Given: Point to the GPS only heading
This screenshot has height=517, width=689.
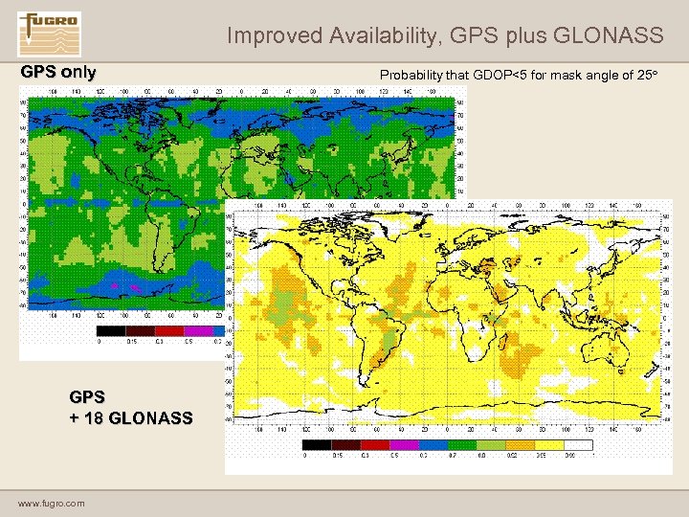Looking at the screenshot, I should (58, 73).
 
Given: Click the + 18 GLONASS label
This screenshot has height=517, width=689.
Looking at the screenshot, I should (130, 417).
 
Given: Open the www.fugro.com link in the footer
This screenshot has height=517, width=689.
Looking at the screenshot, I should (51, 503).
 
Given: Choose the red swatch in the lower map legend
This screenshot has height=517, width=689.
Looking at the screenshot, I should (376, 445).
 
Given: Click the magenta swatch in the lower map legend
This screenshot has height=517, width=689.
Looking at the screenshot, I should (405, 445).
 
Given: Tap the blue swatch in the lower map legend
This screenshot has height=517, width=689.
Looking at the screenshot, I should (433, 445).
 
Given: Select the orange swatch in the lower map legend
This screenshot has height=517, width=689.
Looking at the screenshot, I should (549, 445).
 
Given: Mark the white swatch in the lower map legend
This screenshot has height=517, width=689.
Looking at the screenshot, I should (578, 445).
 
